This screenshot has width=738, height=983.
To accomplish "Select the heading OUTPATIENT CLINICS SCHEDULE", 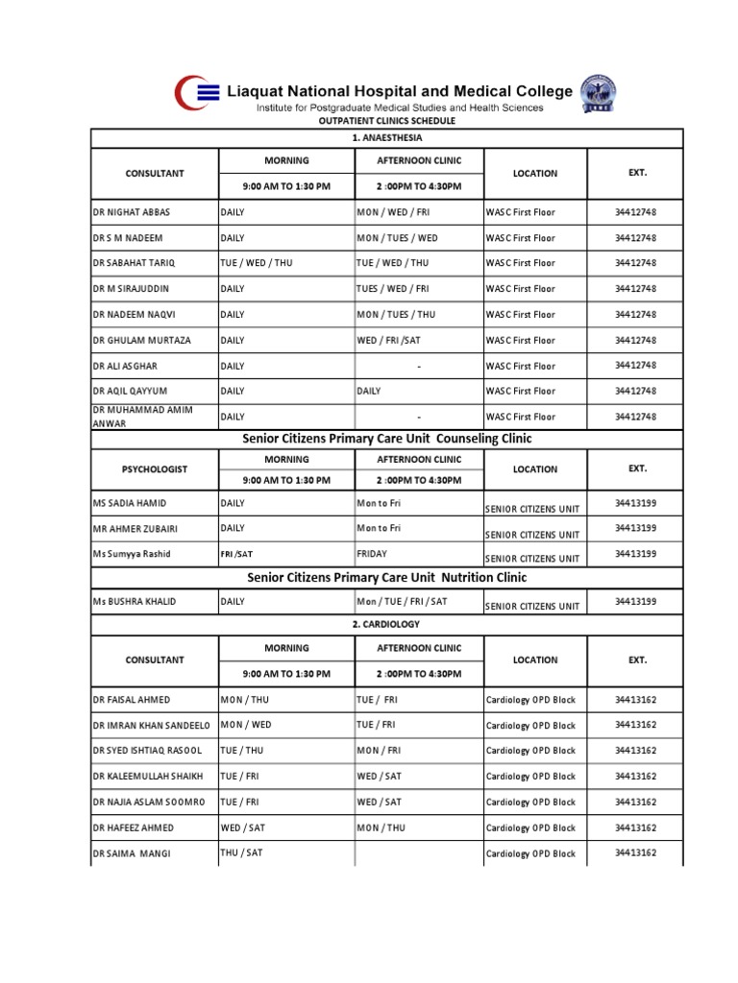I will [x=387, y=121].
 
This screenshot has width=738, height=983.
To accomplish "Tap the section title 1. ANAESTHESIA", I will [x=387, y=139].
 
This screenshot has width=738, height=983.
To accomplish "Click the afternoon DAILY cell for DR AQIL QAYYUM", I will [x=369, y=391].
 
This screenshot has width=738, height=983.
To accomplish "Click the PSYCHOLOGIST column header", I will [x=155, y=469].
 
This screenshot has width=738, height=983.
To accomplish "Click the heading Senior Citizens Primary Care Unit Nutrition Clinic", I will [x=387, y=578].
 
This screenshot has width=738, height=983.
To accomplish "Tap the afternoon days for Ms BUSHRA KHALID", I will [x=402, y=602].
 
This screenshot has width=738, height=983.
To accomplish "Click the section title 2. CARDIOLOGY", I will [x=387, y=625].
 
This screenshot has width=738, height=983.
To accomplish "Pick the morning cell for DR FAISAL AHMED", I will [x=245, y=700].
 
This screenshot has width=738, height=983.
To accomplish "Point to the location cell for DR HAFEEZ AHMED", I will [x=531, y=828].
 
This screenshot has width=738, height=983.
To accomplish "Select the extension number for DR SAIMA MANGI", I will [x=636, y=852].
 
